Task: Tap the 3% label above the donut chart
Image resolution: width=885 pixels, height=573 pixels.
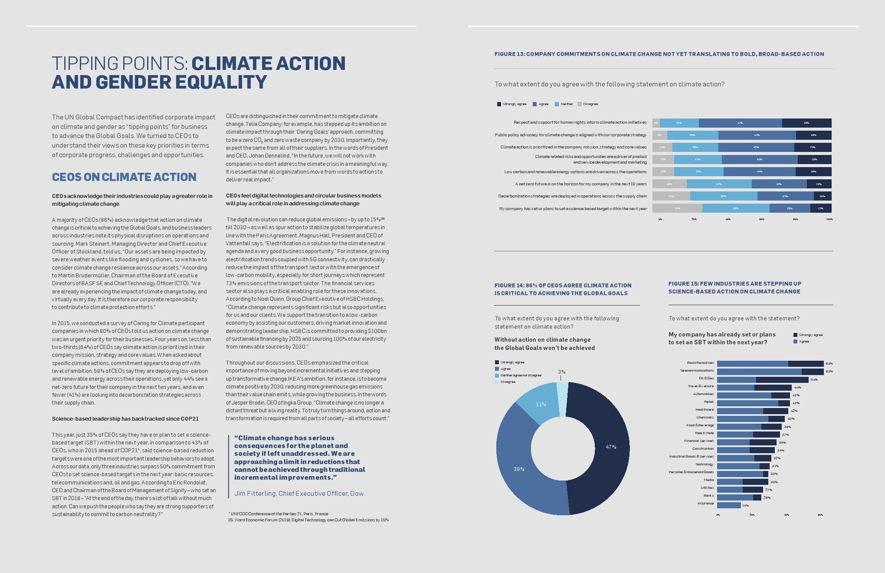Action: coord(561,372)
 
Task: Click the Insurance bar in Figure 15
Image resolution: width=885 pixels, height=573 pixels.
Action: coord(729,505)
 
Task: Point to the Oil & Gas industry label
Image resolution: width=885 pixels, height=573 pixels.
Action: coord(706,379)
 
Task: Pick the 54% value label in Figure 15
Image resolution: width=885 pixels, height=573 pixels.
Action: coord(814,380)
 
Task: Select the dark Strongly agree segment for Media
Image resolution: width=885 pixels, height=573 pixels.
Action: coord(755,482)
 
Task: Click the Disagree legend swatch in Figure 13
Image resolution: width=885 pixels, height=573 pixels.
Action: coord(580,104)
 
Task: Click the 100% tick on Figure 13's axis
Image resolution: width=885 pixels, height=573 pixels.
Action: coord(829,219)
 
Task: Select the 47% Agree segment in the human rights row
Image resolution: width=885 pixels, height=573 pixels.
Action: coord(740,123)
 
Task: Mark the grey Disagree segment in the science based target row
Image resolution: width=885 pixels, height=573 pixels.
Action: coord(677,208)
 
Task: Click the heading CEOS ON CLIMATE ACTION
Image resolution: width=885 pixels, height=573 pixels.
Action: coord(124,177)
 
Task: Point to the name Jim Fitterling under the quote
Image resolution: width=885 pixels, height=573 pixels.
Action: coord(255,494)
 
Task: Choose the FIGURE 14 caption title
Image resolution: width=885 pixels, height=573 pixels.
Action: coord(563,289)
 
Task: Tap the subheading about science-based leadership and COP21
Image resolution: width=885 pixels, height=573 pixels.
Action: coord(125,419)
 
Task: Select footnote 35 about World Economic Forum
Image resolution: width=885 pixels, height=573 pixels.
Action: coord(308,520)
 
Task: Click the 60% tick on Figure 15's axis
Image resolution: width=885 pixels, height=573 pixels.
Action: coord(820,515)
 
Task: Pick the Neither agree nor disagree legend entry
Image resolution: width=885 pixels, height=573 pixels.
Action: coord(521,375)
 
